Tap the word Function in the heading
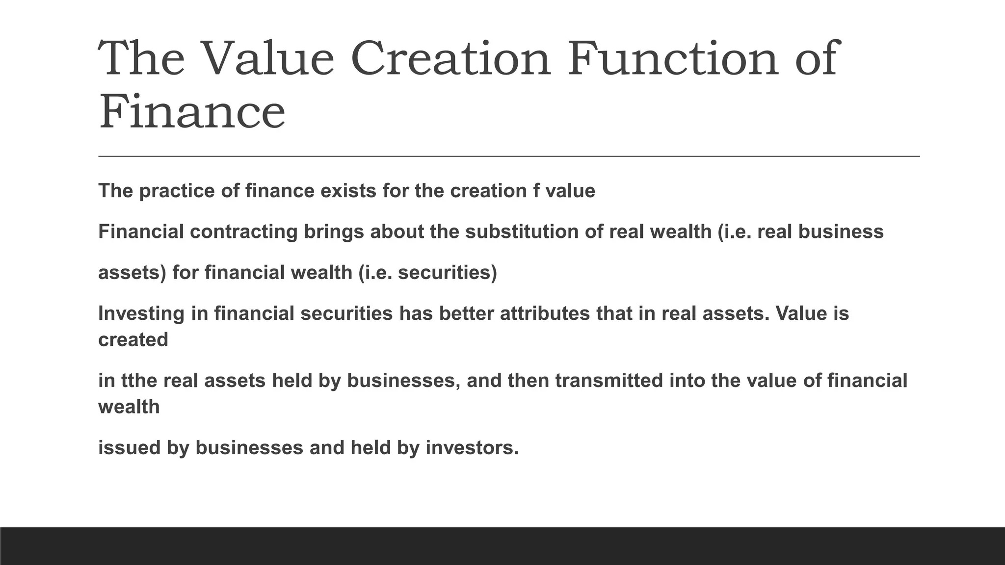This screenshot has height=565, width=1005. pyautogui.click(x=673, y=59)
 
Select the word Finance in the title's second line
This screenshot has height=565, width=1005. pyautogui.click(x=192, y=112)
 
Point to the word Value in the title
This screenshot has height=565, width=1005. pyautogui.click(x=267, y=59)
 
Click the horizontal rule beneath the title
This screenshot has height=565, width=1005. pyautogui.click(x=508, y=156)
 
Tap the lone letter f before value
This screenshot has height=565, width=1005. pyautogui.click(x=536, y=191)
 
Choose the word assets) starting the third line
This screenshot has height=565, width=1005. pyautogui.click(x=132, y=273)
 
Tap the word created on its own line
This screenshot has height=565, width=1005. pyautogui.click(x=133, y=340)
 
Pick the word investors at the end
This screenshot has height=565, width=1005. pyautogui.click(x=471, y=448)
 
